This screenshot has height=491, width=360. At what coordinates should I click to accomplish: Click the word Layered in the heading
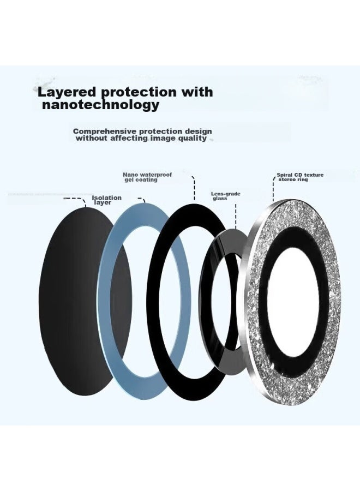tap(67, 92)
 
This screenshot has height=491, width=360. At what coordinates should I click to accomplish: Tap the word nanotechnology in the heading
tap(100, 105)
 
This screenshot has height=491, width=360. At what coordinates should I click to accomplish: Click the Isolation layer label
tap(106, 200)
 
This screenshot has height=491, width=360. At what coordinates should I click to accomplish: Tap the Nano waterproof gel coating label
tap(147, 177)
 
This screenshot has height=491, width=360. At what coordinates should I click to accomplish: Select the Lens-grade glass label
tap(225, 196)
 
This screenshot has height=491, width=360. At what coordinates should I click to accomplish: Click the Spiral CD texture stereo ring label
tap(300, 177)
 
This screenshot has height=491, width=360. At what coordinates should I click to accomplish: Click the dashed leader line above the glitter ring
tap(273, 189)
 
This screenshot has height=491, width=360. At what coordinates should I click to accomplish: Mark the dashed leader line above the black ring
tap(194, 188)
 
